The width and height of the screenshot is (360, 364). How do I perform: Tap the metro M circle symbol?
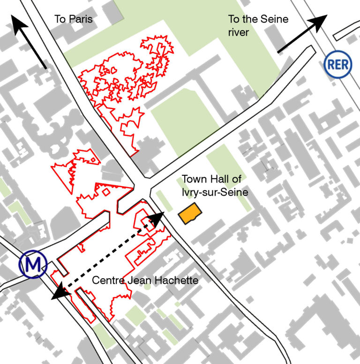click(33, 265)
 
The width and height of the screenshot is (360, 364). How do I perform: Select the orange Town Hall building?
click(190, 214)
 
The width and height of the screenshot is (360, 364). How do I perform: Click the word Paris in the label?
click(82, 20)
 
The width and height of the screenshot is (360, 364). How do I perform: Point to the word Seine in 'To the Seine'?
click(275, 20)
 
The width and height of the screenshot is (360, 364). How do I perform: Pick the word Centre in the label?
click(108, 281)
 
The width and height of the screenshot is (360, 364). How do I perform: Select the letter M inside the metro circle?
click(33, 265)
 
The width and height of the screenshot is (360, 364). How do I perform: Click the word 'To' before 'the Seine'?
click(234, 20)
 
